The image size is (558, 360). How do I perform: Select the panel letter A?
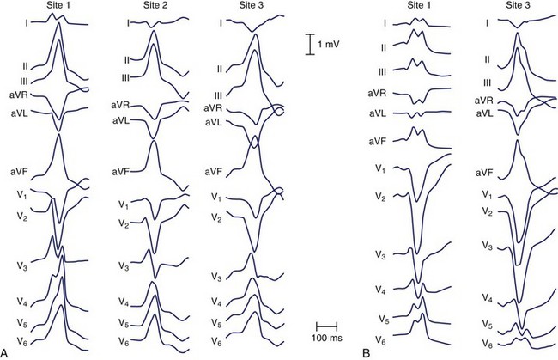tap(7, 352)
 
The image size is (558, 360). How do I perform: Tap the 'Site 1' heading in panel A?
tap(58, 7)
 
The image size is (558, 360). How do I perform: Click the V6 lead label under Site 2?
tap(124, 341)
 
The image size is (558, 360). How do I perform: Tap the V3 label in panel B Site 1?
tap(380, 255)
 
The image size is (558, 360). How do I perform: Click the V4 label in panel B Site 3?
tap(486, 297)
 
